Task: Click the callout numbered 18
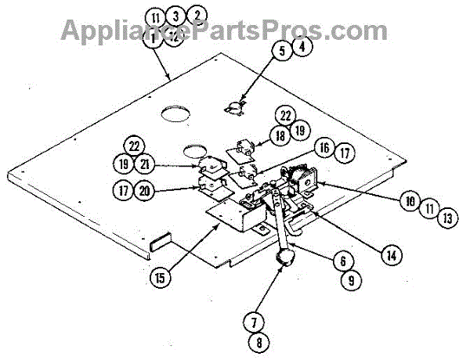click(x=280, y=135)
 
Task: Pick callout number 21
click(x=145, y=165)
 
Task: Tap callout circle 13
click(x=446, y=219)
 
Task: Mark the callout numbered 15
click(x=159, y=276)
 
